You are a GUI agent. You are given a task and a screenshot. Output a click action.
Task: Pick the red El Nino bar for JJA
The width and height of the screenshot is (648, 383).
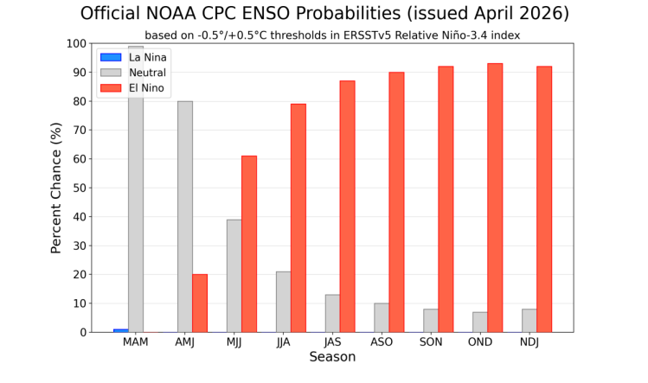tap(298, 217)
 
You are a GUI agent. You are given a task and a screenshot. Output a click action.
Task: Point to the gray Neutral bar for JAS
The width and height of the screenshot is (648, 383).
tap(332, 313)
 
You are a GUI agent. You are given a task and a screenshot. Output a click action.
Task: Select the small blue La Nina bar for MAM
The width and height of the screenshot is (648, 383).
tap(121, 330)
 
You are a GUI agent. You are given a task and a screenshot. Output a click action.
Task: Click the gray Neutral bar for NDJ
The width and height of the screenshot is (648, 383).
tap(529, 320)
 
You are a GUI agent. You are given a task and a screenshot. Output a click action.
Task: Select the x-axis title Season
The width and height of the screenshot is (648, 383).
tap(332, 357)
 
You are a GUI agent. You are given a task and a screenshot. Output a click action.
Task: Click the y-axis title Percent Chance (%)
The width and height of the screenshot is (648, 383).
tap(56, 188)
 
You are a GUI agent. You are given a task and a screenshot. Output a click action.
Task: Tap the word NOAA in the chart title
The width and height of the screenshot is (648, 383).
tap(179, 14)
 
